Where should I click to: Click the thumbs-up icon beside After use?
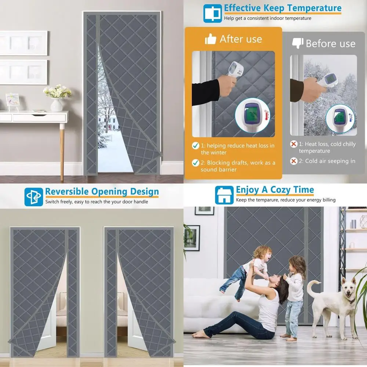coord(211,39)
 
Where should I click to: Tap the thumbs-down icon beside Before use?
coord(297,43)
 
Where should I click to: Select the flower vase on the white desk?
coord(57,105)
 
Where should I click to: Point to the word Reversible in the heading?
coord(67,192)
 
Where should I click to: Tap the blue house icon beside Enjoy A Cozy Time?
coord(224,195)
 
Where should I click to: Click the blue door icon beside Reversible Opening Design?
coord(33,197)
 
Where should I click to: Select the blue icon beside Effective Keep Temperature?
coord(212,13)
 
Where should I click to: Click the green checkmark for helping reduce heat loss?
coord(196,146)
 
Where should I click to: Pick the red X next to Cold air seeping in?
coord(294,161)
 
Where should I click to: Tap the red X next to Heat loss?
coord(294,144)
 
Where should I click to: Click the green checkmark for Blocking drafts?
coord(196,163)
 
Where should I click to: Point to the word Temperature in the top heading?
coord(314,8)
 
